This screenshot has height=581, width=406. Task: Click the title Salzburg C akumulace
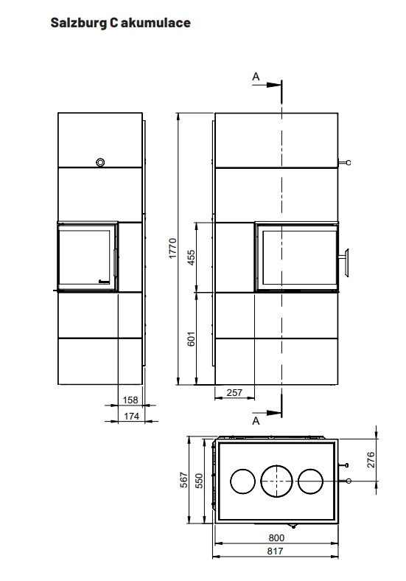click(120, 23)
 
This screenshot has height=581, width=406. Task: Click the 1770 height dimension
click(172, 248)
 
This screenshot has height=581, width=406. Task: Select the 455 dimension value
click(191, 257)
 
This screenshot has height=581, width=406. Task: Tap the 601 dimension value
click(191, 338)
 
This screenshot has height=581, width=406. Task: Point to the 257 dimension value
click(234, 392)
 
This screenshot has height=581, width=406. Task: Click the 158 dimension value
click(130, 400)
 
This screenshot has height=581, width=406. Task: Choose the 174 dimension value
click(131, 416)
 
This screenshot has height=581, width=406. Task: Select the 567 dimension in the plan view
click(184, 480)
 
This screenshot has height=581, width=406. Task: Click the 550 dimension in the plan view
click(199, 481)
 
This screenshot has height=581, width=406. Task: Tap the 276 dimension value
click(371, 459)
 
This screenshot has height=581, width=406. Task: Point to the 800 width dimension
click(276, 537)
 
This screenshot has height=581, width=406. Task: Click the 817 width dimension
click(275, 551)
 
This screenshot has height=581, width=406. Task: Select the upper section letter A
click(256, 77)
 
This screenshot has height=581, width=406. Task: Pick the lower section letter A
click(256, 421)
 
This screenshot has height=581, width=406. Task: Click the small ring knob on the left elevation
click(100, 162)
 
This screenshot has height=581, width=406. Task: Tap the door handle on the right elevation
click(346, 262)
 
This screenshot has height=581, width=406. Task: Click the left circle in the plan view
click(242, 481)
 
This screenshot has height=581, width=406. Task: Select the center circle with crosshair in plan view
click(277, 481)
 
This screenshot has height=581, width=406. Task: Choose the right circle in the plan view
click(310, 481)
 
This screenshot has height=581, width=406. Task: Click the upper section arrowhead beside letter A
click(274, 85)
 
